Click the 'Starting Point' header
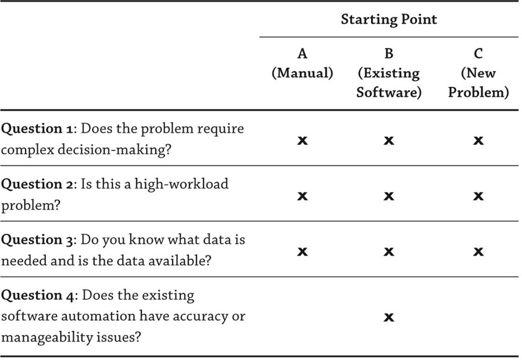389,20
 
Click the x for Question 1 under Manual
302,141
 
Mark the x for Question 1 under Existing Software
389,141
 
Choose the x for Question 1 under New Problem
478,141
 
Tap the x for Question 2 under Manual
302,196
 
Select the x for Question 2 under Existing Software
389,196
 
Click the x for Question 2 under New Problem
478,196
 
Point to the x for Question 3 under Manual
302,252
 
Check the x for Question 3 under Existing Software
389,252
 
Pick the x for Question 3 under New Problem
478,252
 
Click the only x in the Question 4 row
389,317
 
